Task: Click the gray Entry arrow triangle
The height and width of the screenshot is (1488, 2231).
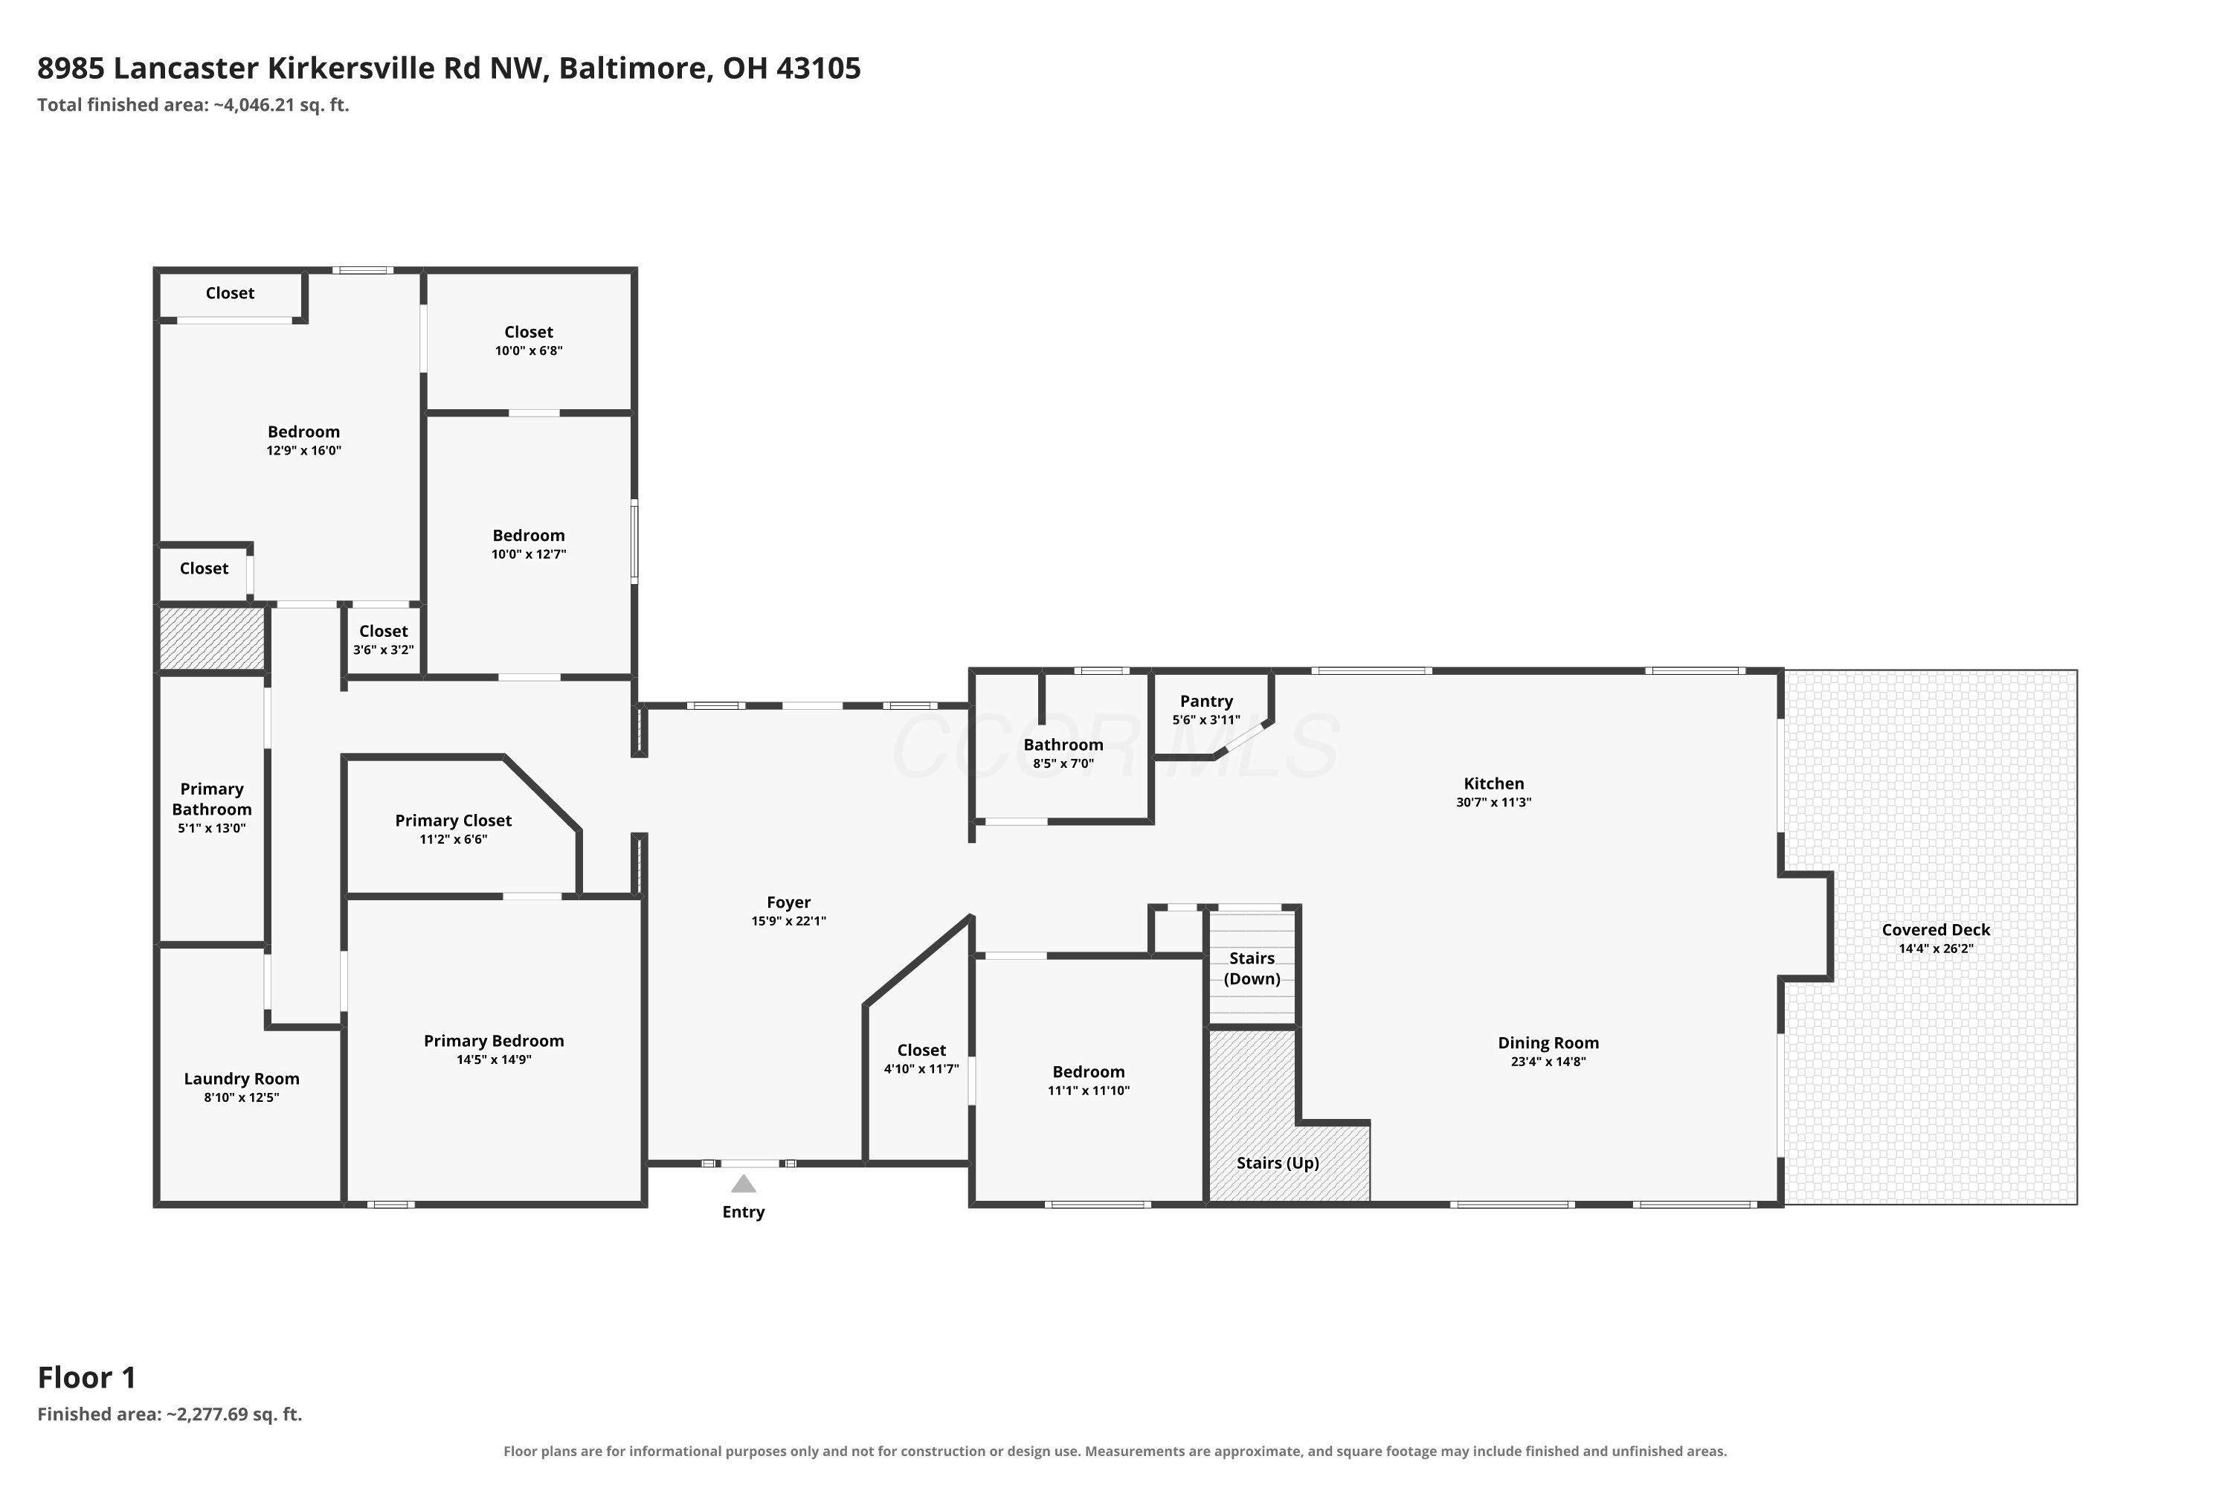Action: pos(744,1184)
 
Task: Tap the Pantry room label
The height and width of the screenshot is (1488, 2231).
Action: pos(1205,702)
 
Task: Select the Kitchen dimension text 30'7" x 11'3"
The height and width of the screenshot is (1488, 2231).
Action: pos(1494,802)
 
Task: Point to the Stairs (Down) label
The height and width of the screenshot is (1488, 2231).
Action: pos(1252,968)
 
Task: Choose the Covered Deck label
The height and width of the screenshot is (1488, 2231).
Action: pos(1936,930)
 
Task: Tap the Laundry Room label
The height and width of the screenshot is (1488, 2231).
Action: pos(242,1079)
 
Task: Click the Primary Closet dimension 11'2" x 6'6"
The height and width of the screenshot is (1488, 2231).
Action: pos(454,839)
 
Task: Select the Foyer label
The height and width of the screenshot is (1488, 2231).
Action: pos(789,902)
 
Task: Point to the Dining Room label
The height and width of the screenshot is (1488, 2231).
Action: pos(1548,1043)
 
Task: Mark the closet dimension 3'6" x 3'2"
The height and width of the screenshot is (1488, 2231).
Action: pos(383,650)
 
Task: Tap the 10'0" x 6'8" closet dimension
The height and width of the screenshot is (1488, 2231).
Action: pos(528,350)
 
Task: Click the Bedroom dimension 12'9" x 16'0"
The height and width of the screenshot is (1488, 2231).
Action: pos(303,451)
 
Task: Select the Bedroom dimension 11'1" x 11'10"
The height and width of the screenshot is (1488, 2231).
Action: pos(1088,1091)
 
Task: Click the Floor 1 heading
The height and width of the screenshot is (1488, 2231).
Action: pos(87,1377)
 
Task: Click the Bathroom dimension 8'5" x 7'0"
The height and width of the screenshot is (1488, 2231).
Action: pos(1063,763)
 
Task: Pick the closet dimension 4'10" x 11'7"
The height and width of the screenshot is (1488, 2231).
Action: pos(921,1068)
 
